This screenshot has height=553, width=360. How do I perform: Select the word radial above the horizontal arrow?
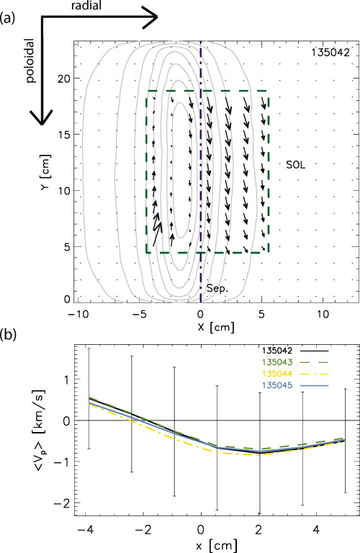click(x=87, y=6)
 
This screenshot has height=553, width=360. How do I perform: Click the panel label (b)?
click(x=9, y=333)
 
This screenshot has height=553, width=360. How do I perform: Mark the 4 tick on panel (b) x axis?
click(x=316, y=529)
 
